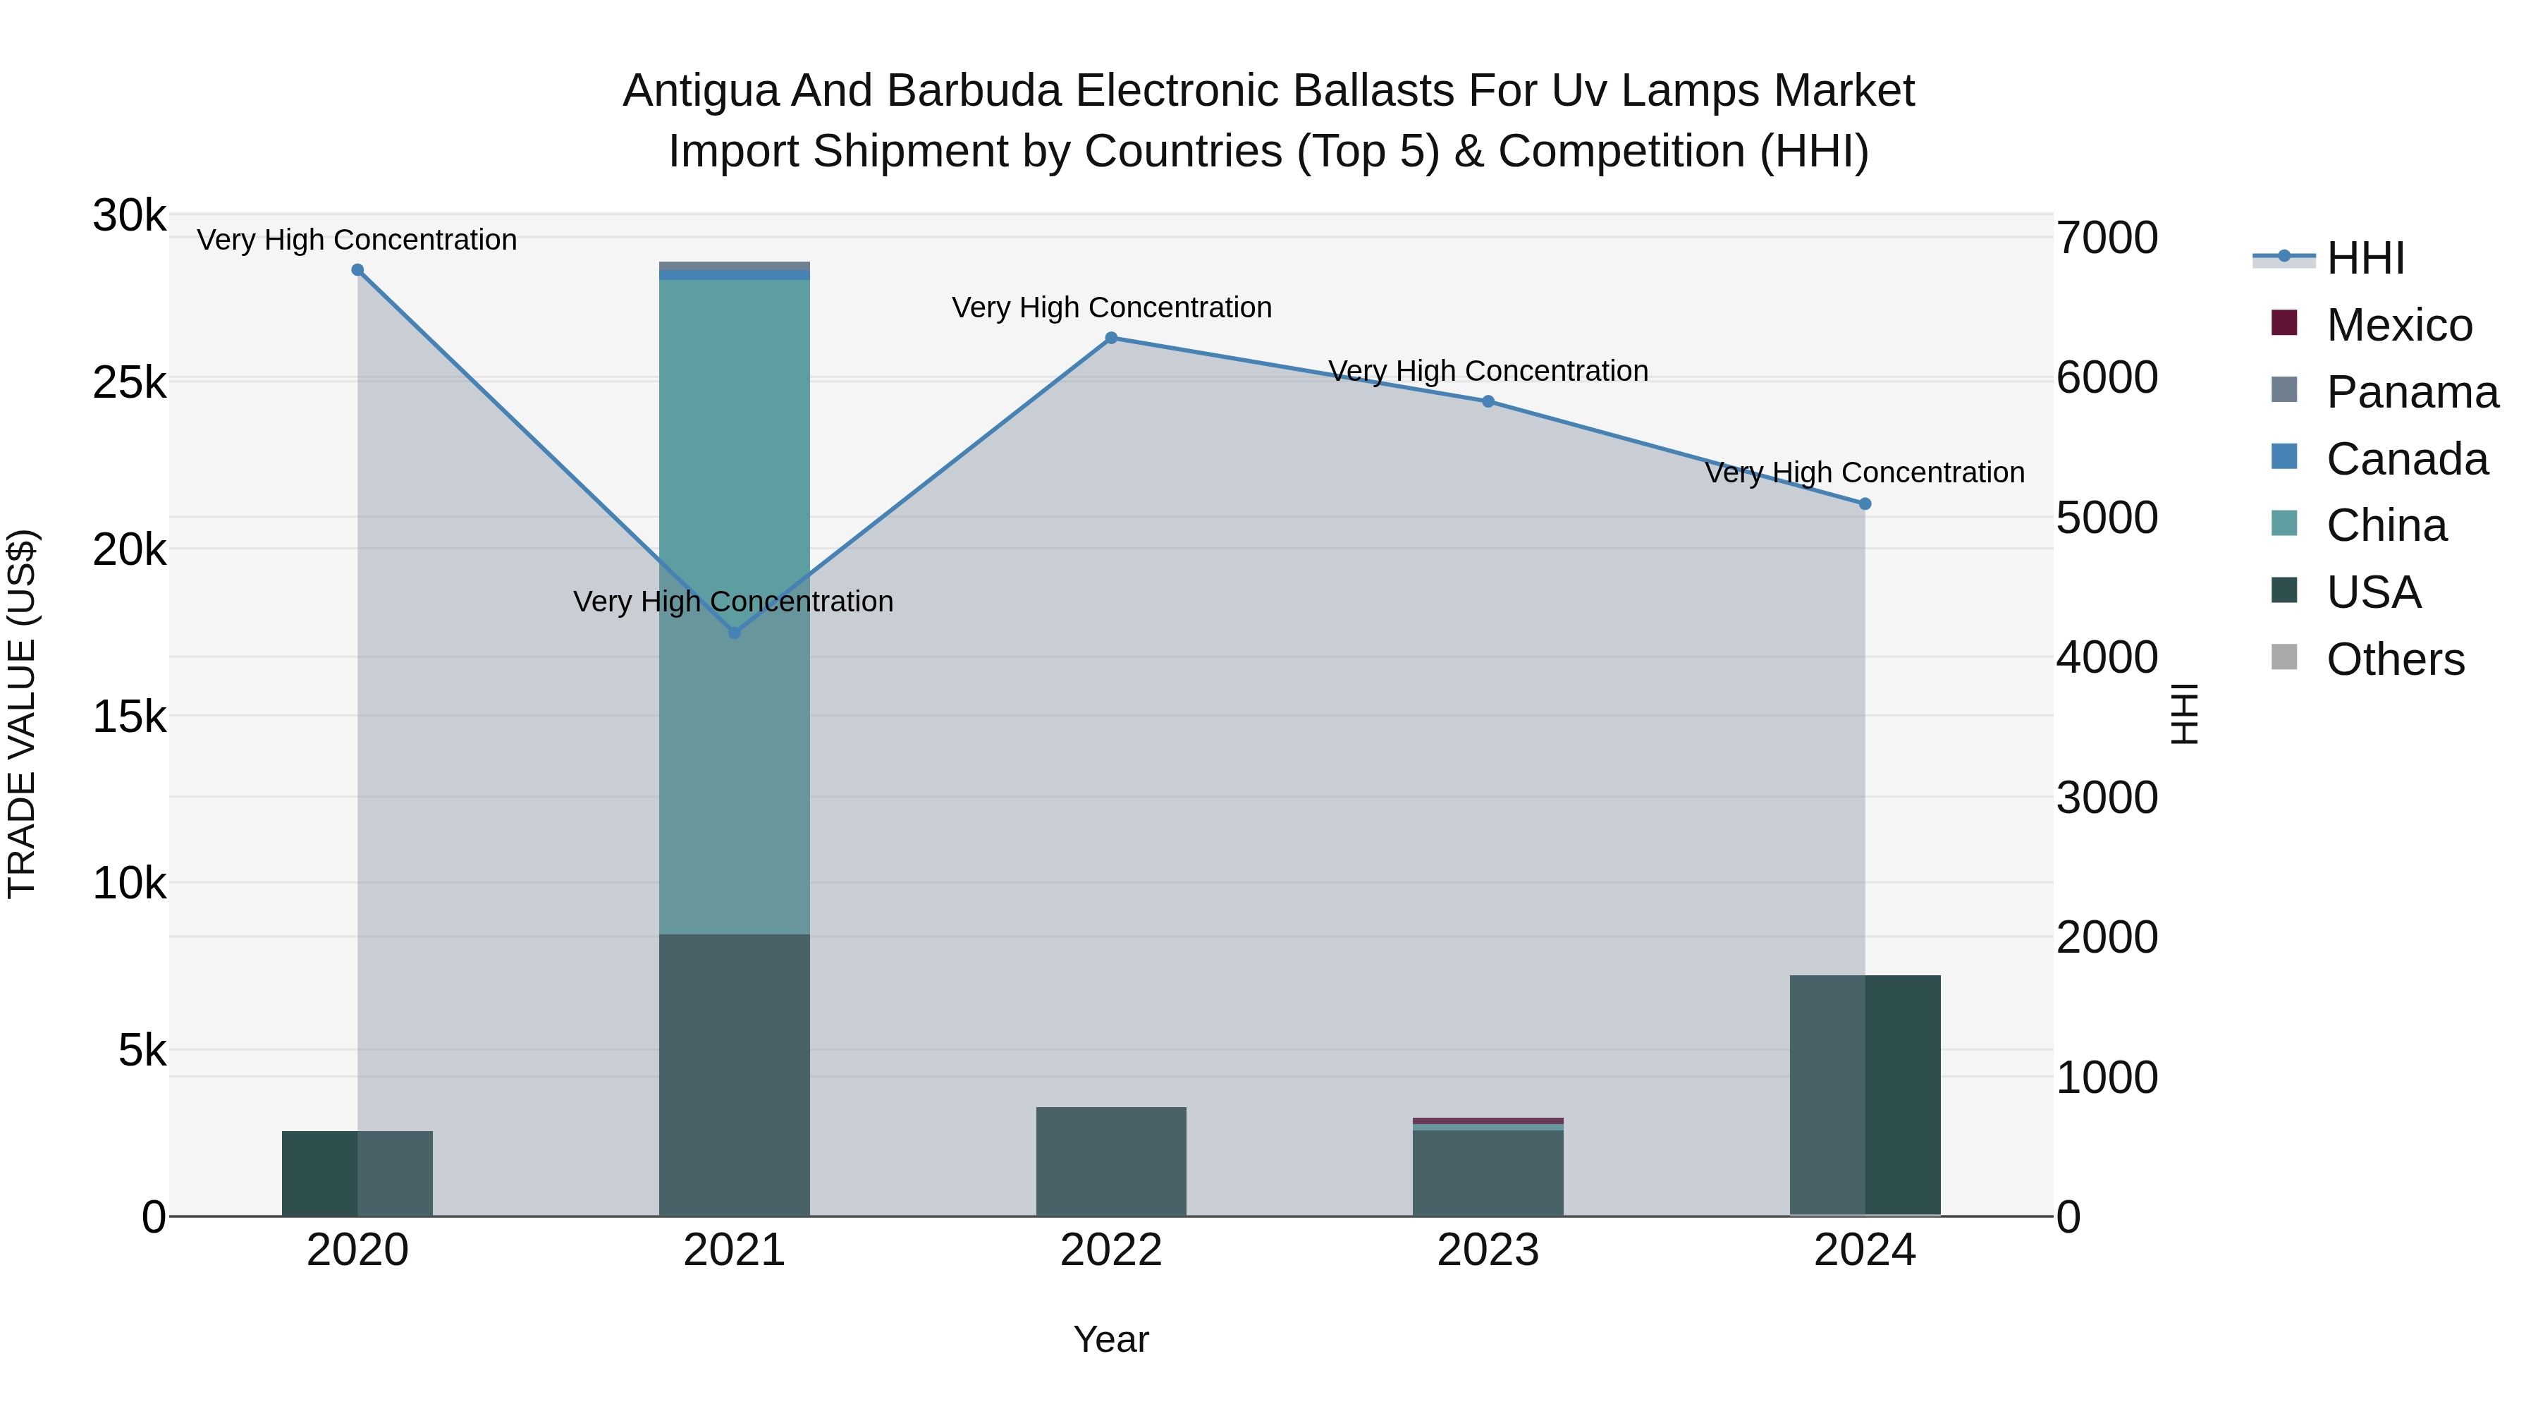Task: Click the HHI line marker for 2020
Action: (x=357, y=270)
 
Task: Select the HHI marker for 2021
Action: (x=734, y=633)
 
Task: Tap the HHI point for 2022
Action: (x=1111, y=338)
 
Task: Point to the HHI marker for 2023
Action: (x=1488, y=401)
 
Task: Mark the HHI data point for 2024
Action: (x=1864, y=504)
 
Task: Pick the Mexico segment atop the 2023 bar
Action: (x=1488, y=1121)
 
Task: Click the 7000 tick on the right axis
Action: (x=2107, y=238)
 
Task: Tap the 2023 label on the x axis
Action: (x=1488, y=1250)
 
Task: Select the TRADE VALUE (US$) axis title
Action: (x=22, y=714)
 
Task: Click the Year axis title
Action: (x=1111, y=1339)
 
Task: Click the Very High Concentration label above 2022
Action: (x=1111, y=307)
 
